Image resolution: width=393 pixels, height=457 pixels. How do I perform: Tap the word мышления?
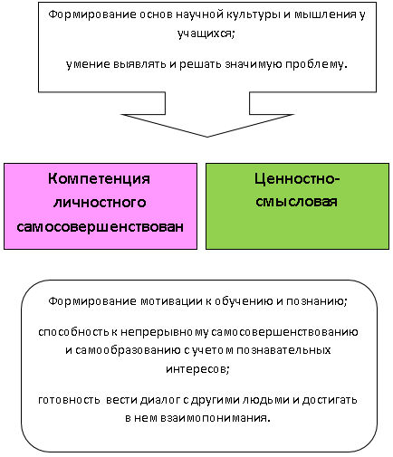325,14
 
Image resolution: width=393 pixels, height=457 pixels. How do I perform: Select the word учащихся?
206,33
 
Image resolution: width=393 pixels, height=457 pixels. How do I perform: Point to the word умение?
88,64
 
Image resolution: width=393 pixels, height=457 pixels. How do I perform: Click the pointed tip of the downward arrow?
207,137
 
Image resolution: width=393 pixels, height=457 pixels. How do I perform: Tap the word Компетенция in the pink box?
99,179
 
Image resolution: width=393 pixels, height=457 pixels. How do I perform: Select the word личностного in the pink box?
100,203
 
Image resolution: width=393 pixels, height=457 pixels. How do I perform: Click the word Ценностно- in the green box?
297,179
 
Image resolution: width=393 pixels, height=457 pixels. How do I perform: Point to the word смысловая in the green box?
296,202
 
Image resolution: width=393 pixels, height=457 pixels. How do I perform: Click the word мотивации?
171,301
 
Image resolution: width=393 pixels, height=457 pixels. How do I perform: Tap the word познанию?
317,301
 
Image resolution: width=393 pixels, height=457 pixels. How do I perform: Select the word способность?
73,332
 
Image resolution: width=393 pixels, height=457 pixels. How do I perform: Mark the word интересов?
197,369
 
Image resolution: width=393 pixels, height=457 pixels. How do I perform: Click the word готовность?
69,400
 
